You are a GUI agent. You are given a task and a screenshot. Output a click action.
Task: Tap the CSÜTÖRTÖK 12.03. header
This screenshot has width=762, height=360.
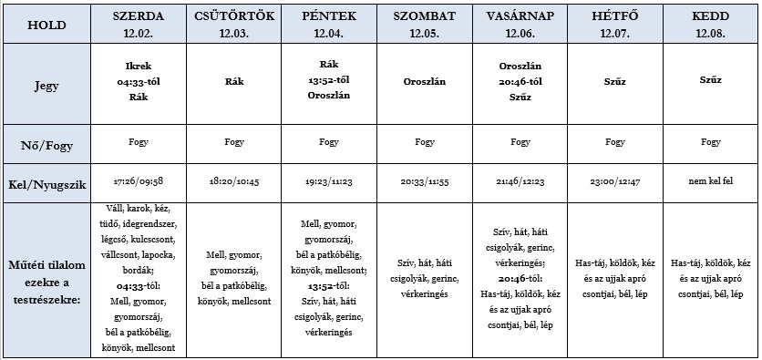pos(233,24)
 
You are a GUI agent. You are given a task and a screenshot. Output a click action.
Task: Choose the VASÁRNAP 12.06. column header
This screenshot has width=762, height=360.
pos(520,24)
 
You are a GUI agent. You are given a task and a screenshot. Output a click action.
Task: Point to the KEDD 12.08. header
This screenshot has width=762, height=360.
pos(711,24)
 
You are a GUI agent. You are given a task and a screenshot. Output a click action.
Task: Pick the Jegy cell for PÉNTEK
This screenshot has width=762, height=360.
pos(329,80)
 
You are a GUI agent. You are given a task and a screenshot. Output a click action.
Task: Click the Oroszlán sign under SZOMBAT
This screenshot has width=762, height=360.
pos(424,80)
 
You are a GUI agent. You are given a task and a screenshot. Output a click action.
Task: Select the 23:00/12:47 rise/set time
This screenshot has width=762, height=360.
pos(615,182)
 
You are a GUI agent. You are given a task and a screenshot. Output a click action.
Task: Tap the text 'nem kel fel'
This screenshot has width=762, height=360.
pos(711,182)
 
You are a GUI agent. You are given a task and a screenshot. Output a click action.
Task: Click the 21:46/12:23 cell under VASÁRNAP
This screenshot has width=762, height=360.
pos(520,182)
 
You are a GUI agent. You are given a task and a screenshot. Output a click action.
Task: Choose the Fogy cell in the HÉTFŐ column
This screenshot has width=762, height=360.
pos(615,142)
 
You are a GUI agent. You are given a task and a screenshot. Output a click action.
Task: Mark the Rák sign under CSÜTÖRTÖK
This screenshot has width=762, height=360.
pos(233,80)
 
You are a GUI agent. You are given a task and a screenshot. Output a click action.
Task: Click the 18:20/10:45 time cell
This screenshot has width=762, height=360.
pos(233,182)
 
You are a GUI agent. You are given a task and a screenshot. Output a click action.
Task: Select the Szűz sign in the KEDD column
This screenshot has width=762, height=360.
pos(711,80)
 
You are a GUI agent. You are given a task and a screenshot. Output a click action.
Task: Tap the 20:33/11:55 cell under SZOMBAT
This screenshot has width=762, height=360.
pos(424,182)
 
